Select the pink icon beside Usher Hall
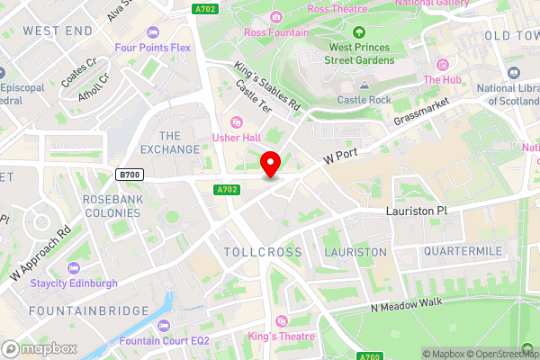238,122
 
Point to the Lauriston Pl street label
417,209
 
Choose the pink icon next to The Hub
442,65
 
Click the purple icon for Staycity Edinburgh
72,268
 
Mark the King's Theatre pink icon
281,320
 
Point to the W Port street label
341,156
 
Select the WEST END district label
58,31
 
